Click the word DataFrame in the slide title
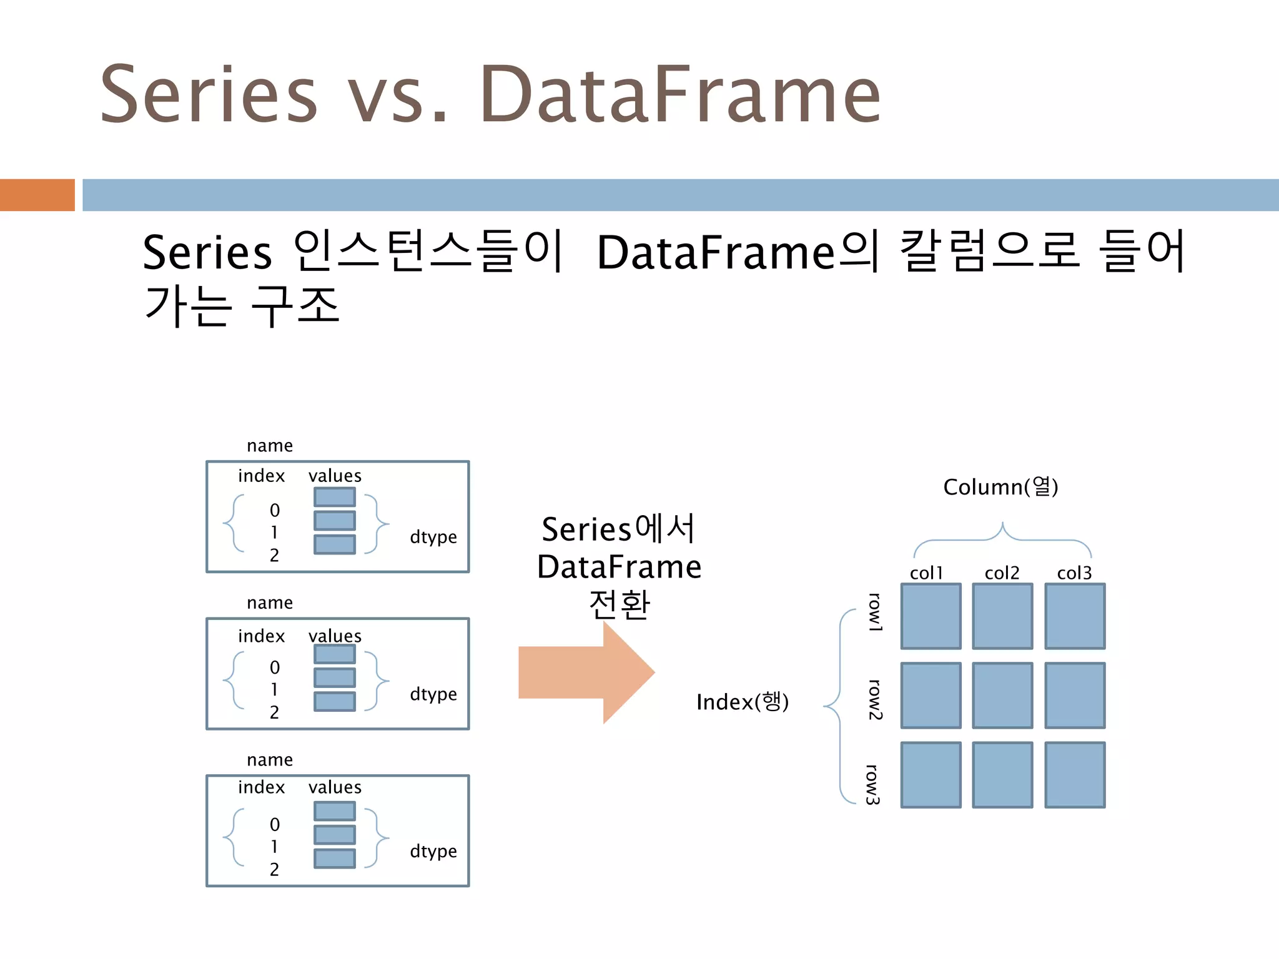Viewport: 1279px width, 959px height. coord(679,96)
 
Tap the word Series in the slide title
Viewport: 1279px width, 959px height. coord(209,96)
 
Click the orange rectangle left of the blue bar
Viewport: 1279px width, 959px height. coord(37,195)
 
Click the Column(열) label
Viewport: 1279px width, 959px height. coord(1000,487)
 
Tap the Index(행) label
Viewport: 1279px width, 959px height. coord(743,702)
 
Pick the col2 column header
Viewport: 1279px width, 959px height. coord(1002,573)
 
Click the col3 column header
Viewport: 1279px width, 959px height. coord(1074,573)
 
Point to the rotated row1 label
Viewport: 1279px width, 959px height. coord(875,612)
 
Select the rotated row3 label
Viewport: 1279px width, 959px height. coord(873,784)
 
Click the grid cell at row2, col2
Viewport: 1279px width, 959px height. coord(1002,696)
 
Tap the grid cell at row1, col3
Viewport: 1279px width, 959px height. coord(1075,616)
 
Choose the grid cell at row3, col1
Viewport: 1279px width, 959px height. coord(931,775)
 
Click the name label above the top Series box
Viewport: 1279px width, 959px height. coord(270,446)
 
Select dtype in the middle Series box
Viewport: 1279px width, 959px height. coord(433,694)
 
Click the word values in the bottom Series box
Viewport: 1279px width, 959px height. coord(335,787)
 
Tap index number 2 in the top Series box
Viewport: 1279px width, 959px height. coord(274,555)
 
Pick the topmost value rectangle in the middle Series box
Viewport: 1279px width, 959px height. coord(335,654)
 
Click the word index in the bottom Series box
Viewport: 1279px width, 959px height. coord(261,787)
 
